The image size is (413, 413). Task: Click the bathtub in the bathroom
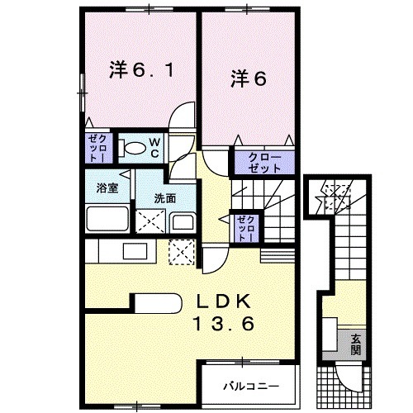107,221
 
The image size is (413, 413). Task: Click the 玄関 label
355,343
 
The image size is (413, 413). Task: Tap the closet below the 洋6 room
259,160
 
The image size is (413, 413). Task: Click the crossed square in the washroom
150,221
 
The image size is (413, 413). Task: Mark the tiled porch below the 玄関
339,381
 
